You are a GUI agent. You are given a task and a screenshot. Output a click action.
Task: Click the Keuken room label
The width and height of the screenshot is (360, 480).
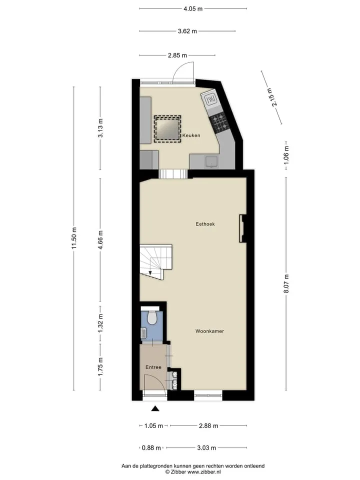(x=191, y=135)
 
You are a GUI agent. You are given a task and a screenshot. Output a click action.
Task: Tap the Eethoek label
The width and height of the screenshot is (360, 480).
(x=205, y=224)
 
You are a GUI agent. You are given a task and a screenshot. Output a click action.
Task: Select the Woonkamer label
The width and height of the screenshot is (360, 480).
(x=209, y=331)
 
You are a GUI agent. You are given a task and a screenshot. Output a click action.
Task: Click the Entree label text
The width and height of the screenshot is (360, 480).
(x=153, y=367)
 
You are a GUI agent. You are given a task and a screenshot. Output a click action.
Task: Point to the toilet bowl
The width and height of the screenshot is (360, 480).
(x=152, y=318)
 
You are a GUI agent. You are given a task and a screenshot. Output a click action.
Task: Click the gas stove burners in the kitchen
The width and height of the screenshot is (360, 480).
(x=219, y=122)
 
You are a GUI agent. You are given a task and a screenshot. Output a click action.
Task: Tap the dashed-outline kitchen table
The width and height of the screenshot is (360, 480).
(x=167, y=129)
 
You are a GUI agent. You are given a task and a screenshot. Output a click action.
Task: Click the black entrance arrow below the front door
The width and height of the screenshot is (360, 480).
(x=155, y=408)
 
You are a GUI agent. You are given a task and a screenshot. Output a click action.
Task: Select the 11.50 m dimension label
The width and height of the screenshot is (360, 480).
(x=74, y=238)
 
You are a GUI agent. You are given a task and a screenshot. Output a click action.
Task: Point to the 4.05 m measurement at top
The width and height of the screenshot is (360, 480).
(x=193, y=8)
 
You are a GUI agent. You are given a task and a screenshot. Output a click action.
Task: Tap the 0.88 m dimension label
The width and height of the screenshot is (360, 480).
(x=151, y=448)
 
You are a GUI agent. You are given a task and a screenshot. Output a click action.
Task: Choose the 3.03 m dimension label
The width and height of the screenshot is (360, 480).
(x=206, y=448)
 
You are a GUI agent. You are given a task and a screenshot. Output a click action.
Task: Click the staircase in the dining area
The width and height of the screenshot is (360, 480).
(x=155, y=261)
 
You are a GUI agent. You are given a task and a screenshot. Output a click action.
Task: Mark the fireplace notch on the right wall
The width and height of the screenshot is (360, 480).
(x=243, y=228)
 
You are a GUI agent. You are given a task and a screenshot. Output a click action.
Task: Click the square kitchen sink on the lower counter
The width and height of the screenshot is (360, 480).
(x=211, y=162)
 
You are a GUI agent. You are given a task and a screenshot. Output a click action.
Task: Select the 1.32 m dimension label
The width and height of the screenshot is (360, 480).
(x=100, y=323)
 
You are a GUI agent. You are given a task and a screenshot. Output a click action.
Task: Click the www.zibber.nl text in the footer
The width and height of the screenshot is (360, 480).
(x=204, y=472)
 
